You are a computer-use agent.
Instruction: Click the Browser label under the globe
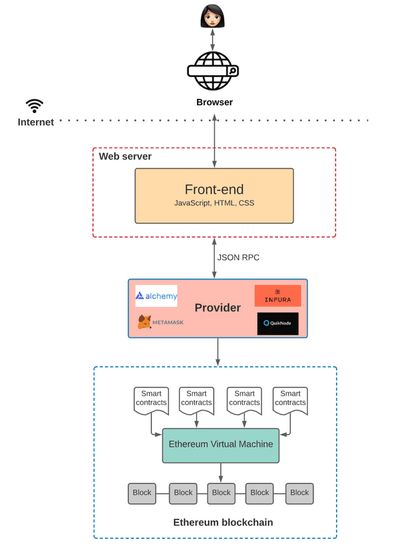[215, 102]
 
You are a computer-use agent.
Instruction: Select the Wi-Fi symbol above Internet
[34, 105]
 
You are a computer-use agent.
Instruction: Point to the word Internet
[35, 123]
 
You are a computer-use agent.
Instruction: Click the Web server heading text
[125, 157]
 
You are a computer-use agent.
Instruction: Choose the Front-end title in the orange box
[214, 190]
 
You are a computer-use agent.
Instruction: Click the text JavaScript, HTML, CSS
[214, 204]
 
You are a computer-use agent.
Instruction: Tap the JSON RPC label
[239, 258]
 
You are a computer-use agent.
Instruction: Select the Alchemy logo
[156, 296]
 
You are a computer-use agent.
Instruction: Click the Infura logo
[277, 296]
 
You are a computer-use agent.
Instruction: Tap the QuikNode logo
[277, 323]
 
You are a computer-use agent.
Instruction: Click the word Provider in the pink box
[217, 308]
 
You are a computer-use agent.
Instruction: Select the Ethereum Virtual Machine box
[221, 444]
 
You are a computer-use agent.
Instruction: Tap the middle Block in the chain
[221, 492]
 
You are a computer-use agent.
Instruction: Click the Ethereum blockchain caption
[223, 522]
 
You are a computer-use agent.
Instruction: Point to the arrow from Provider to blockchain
[217, 351]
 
